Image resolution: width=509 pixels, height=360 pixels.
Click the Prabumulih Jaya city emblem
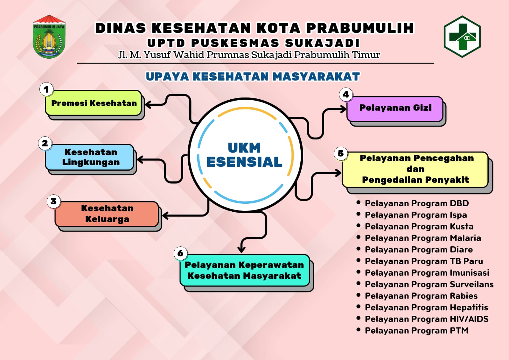[49, 36]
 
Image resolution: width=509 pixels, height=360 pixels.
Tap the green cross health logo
[462, 36]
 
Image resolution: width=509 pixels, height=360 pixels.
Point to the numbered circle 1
[46, 89]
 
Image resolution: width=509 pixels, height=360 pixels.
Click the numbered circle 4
[345, 95]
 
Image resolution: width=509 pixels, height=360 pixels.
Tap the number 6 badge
[181, 253]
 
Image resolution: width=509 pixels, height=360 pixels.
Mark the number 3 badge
[54, 201]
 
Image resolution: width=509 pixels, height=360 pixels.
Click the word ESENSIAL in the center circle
[244, 162]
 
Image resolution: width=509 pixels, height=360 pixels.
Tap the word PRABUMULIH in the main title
[360, 28]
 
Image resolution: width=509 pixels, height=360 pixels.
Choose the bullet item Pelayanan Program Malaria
[423, 238]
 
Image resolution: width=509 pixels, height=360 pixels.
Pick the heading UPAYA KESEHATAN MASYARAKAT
[253, 76]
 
